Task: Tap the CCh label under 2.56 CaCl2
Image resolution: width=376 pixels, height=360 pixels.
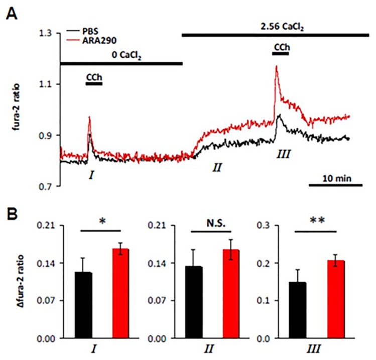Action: click(281, 47)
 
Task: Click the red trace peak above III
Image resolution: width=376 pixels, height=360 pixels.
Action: click(276, 67)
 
